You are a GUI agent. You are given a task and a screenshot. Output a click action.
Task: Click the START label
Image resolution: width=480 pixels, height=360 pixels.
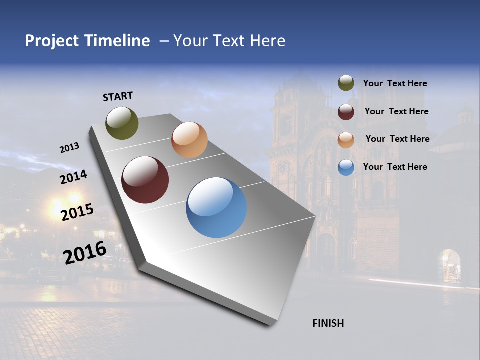tap(118, 96)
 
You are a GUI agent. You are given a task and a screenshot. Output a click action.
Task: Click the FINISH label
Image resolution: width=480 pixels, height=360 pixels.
tap(328, 323)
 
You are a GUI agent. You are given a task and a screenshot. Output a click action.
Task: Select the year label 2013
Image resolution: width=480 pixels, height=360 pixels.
tap(69, 148)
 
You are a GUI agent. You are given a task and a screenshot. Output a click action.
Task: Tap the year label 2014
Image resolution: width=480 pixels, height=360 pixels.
tap(73, 177)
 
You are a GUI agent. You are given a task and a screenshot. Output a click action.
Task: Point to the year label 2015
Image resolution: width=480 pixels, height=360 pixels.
tap(77, 212)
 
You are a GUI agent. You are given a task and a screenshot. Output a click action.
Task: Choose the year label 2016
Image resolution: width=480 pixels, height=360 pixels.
tap(85, 252)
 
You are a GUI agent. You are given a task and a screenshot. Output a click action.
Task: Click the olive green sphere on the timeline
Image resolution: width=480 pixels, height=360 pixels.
tap(122, 123)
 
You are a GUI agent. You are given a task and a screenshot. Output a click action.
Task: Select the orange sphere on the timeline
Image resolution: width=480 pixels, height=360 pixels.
tap(189, 140)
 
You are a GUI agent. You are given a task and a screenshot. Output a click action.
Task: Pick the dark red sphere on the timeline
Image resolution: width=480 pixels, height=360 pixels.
tap(145, 180)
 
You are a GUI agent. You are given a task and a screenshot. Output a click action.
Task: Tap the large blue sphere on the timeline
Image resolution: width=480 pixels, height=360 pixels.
tap(216, 207)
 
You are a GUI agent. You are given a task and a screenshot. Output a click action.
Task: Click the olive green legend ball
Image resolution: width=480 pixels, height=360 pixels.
tap(346, 83)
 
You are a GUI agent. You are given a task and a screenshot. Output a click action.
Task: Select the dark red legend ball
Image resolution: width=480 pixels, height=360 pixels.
tap(346, 112)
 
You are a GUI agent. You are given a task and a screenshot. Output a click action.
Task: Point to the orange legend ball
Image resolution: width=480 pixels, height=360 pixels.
tap(346, 139)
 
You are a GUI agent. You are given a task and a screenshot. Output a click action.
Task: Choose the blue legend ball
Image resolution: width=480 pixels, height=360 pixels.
tap(346, 167)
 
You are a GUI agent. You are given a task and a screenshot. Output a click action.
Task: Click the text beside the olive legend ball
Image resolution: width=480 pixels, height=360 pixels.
tap(395, 84)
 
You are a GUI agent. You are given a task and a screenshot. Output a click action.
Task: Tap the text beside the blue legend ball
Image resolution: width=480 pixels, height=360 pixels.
tap(395, 167)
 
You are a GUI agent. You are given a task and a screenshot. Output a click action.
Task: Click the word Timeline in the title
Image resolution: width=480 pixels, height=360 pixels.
tap(117, 41)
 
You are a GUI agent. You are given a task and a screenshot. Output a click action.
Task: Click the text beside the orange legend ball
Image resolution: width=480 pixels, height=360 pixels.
tap(397, 139)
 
